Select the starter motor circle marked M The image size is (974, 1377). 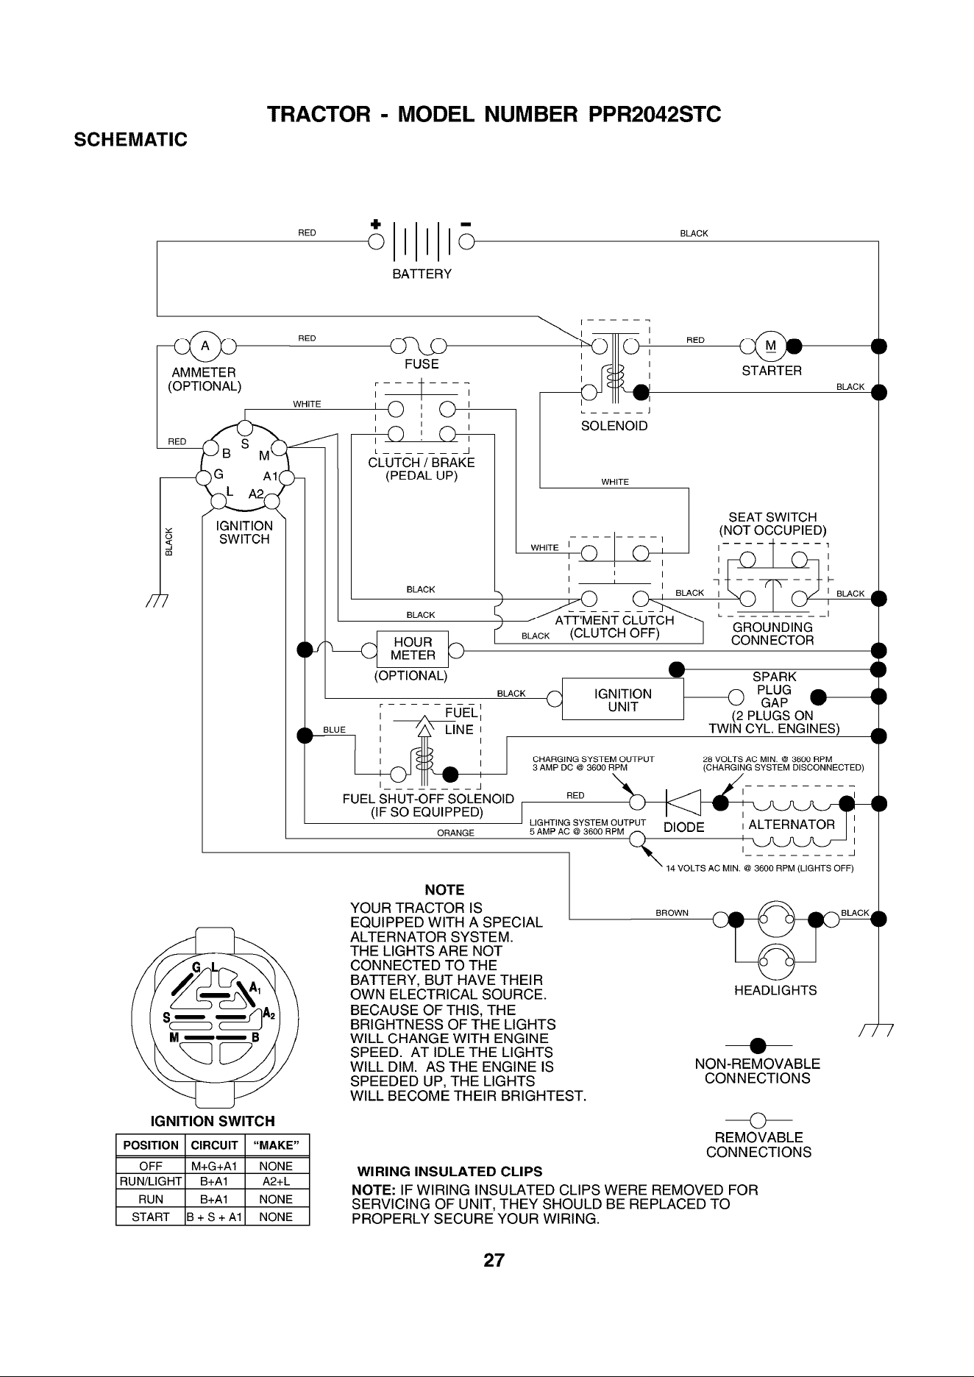pyautogui.click(x=770, y=345)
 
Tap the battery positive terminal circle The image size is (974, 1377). pyautogui.click(x=376, y=242)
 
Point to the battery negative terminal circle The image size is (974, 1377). pyautogui.click(x=466, y=242)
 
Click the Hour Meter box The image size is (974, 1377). pyautogui.click(x=413, y=649)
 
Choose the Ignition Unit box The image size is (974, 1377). pyautogui.click(x=623, y=700)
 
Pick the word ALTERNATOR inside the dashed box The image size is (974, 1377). pyautogui.click(x=792, y=825)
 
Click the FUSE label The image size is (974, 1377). pyautogui.click(x=422, y=364)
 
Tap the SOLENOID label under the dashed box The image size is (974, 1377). pyautogui.click(x=614, y=427)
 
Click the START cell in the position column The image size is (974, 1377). pyautogui.click(x=150, y=1217)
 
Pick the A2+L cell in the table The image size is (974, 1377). pyautogui.click(x=277, y=1182)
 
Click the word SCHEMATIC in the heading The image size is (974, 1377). pyautogui.click(x=132, y=139)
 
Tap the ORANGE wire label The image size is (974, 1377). pyautogui.click(x=455, y=833)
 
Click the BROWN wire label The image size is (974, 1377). pyautogui.click(x=672, y=914)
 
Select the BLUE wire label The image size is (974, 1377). pyautogui.click(x=334, y=730)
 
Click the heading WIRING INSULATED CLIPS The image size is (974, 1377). pyautogui.click(x=449, y=1171)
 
